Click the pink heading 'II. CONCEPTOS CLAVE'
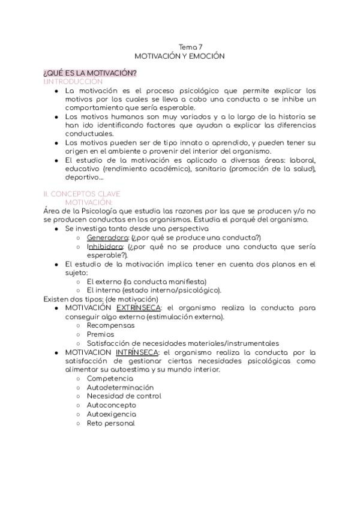pos(82,194)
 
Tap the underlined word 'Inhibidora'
pos(105,246)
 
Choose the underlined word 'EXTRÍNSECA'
pos(137,307)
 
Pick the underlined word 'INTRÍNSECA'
pos(137,352)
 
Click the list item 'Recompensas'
pos(110,325)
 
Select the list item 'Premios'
pos(100,334)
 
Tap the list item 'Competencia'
pos(110,379)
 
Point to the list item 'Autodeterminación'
pos(120,388)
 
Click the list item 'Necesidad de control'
pos(124,396)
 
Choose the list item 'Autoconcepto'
pos(112,405)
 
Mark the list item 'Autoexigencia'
pos(111,414)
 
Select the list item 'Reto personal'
pos(110,423)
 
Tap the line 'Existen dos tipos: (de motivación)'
pos(101,299)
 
